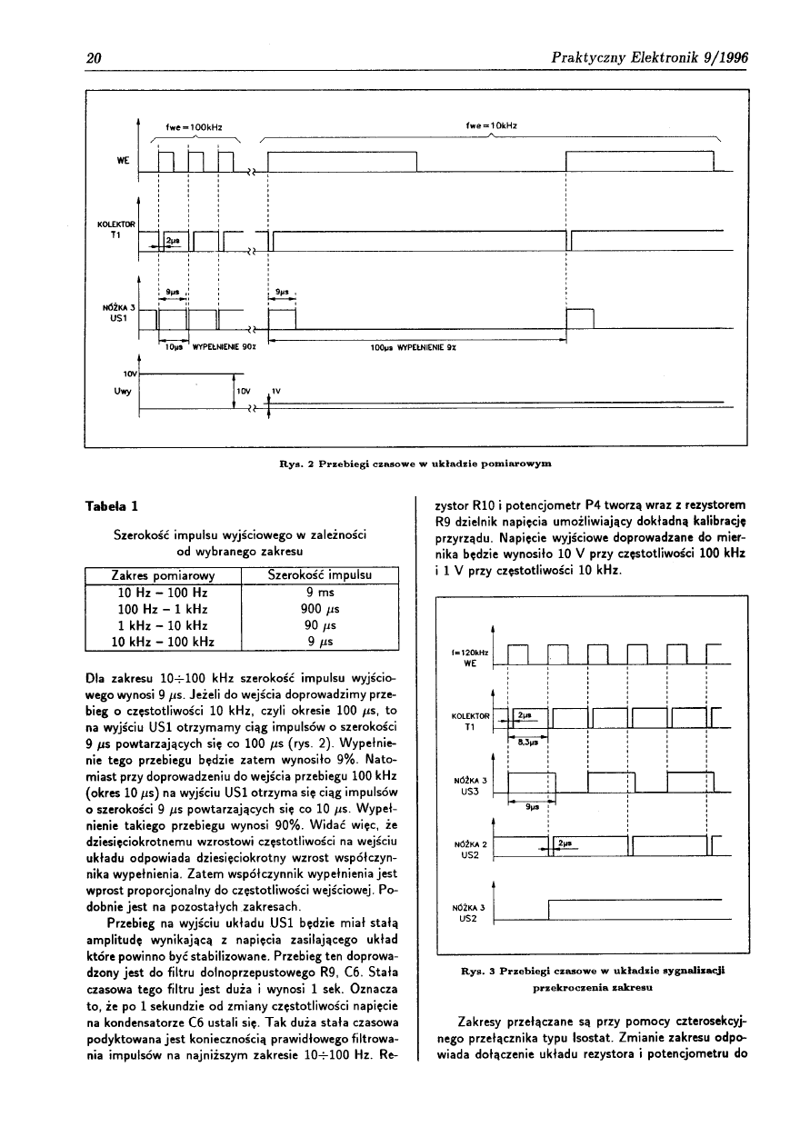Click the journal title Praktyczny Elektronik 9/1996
point(649,59)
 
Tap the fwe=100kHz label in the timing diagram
point(194,125)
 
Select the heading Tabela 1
point(112,505)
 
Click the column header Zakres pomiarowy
point(163,575)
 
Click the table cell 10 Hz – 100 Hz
point(164,593)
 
